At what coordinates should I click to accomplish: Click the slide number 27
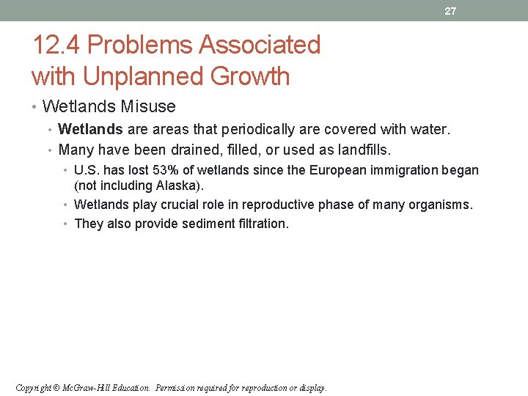point(450,11)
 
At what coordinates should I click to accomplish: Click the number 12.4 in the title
point(56,45)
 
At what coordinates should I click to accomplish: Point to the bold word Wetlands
point(90,130)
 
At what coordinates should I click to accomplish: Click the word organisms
point(444,205)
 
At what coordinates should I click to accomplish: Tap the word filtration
point(263,224)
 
